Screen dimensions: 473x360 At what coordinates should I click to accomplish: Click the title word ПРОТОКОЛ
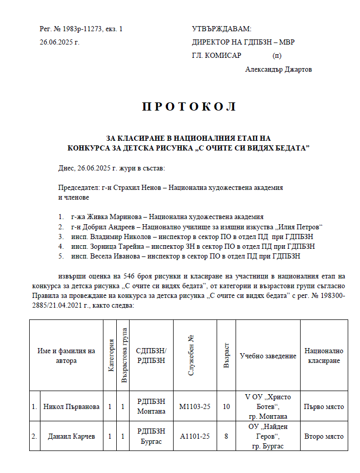188,107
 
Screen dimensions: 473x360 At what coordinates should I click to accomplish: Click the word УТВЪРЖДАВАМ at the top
222,29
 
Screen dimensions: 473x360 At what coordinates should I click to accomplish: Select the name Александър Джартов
278,70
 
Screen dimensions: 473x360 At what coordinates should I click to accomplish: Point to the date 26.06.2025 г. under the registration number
59,42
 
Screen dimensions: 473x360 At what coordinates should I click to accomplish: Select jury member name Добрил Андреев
112,227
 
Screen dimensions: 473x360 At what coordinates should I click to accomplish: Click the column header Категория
110,355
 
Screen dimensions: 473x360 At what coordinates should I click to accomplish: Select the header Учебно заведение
268,356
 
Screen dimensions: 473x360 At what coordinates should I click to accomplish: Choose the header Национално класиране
324,356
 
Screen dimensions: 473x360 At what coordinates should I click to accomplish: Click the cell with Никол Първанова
71,406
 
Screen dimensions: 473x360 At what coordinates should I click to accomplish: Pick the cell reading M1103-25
194,406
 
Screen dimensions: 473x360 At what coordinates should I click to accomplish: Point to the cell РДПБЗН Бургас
151,437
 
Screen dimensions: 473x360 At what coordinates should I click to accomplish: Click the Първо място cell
324,406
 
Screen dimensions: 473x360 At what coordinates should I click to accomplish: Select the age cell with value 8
226,437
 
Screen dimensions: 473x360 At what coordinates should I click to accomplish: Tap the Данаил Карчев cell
71,437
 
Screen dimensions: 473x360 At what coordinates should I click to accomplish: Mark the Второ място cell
324,437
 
